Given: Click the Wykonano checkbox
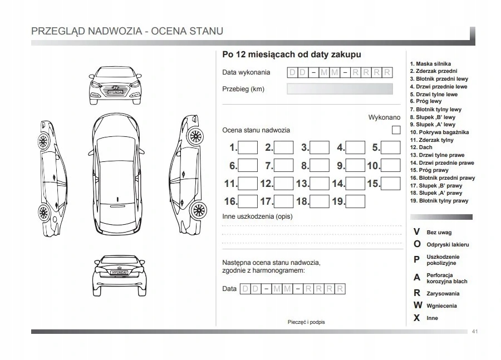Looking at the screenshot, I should [x=396, y=130].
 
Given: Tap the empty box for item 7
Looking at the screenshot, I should [x=284, y=165].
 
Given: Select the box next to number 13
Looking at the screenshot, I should [x=320, y=183].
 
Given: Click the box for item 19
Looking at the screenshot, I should [x=355, y=201].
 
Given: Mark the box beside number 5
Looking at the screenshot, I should [x=391, y=147].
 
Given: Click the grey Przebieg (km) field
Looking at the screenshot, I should [x=339, y=89].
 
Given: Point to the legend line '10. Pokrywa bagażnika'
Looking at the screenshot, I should [x=439, y=132].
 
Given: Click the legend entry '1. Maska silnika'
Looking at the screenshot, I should [x=430, y=64].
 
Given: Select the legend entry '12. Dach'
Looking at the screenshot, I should [x=421, y=147].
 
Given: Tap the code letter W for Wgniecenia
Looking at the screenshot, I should [x=417, y=305].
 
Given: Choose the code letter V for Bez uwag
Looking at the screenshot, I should [x=416, y=231].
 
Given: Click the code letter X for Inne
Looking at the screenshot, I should [x=416, y=318].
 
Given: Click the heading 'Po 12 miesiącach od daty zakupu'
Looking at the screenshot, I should [x=291, y=55].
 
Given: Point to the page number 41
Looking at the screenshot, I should [x=474, y=332].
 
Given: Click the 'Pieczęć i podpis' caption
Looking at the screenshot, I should [x=306, y=322].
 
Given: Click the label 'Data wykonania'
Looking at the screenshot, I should [x=246, y=72].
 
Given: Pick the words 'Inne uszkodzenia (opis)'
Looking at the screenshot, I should [x=257, y=216].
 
